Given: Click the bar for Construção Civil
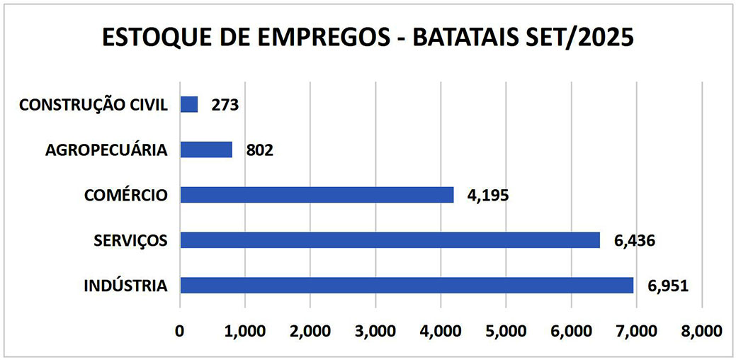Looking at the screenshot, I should (x=189, y=105).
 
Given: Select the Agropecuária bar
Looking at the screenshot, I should (x=206, y=150).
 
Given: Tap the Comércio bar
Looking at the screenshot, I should (x=317, y=195).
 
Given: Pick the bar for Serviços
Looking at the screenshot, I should (x=390, y=240).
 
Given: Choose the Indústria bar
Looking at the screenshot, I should (x=407, y=286).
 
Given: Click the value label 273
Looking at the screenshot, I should (x=225, y=106).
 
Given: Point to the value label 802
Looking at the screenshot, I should (x=259, y=151).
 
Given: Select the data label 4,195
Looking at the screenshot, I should (x=488, y=196).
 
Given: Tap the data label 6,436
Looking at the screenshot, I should (x=634, y=241).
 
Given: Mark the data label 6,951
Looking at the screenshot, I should (x=667, y=286).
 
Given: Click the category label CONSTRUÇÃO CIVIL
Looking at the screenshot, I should (x=94, y=106).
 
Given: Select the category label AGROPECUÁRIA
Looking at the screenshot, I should (x=107, y=150).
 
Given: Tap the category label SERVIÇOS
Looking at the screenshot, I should (x=130, y=241).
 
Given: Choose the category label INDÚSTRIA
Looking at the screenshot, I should (x=125, y=286).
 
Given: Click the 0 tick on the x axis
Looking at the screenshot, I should (x=180, y=331).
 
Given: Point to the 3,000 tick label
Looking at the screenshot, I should (x=375, y=331).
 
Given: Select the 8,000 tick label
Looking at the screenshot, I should (x=701, y=331).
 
